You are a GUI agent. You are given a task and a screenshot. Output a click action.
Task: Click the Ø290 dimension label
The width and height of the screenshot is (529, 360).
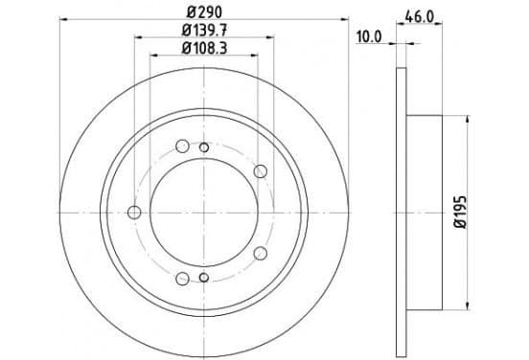click(x=204, y=12)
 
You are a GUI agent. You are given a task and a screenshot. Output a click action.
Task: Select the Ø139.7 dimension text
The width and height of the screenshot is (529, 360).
click(x=204, y=31)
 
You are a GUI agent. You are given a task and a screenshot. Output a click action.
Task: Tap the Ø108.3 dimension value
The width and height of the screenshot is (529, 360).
click(x=204, y=48)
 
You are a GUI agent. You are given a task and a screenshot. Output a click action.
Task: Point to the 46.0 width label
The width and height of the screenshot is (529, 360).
click(x=419, y=17)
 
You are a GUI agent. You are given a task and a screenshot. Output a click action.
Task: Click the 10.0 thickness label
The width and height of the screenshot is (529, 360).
click(x=369, y=36)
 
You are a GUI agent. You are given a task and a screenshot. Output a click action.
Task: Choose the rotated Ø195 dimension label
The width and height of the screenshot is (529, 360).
click(x=460, y=213)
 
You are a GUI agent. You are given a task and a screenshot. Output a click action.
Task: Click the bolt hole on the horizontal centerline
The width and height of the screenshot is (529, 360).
click(x=134, y=213)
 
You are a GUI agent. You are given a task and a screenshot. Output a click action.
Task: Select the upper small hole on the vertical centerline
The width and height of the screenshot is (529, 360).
click(x=204, y=147)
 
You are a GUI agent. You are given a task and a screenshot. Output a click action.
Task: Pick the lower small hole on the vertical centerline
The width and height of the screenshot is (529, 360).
click(x=204, y=278)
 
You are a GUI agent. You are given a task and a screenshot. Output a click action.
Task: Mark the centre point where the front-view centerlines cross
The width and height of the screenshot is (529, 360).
click(x=204, y=213)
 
